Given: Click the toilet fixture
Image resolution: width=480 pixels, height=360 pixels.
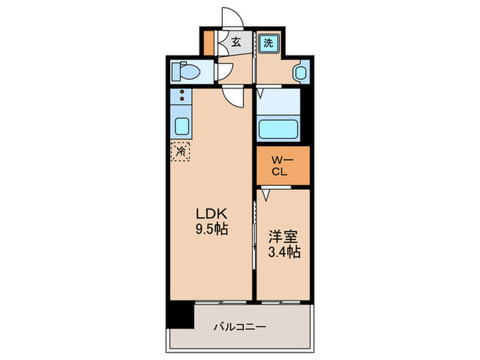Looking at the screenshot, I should [x=187, y=71].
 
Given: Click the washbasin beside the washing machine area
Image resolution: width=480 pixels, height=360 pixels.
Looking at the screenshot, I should [x=300, y=72].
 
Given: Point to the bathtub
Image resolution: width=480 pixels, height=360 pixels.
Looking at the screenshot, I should [x=279, y=128].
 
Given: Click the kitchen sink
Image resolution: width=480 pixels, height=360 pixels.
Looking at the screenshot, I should [x=182, y=126].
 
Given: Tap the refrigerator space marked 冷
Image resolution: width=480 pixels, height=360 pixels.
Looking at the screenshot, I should [x=182, y=150].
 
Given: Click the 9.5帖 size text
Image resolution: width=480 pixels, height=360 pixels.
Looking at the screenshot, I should [x=211, y=230].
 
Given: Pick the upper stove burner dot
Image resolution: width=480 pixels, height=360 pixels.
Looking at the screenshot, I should [x=182, y=91].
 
